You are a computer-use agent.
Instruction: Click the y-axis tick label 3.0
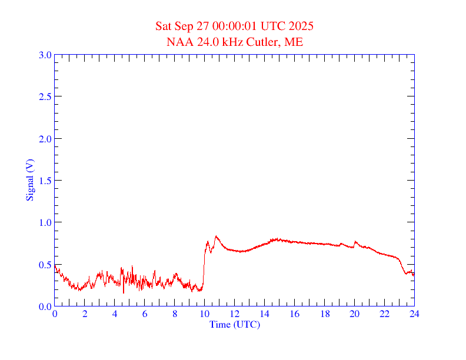45,55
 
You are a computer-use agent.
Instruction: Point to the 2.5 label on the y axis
45,96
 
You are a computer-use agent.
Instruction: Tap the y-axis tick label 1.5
45,181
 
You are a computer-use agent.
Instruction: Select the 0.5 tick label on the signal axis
45,265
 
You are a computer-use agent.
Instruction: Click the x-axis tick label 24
414,314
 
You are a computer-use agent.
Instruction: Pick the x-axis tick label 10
204,314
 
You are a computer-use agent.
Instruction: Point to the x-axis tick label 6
145,314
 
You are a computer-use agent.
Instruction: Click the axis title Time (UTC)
234,324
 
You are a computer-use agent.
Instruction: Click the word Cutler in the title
266,42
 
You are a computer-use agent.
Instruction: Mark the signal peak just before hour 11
216,236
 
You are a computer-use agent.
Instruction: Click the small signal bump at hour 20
355,241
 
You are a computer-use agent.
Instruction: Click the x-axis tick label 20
354,314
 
